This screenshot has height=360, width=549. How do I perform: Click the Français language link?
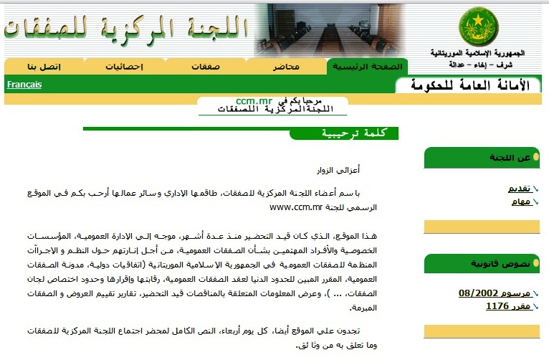(24, 85)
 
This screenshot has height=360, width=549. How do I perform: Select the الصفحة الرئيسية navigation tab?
(366, 67)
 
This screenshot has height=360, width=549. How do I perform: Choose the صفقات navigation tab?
(206, 67)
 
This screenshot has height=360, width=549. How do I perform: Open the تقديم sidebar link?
(519, 189)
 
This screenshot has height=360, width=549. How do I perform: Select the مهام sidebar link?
(521, 202)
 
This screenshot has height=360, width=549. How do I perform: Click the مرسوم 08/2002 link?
(494, 293)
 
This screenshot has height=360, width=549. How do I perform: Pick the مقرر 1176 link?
(508, 306)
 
